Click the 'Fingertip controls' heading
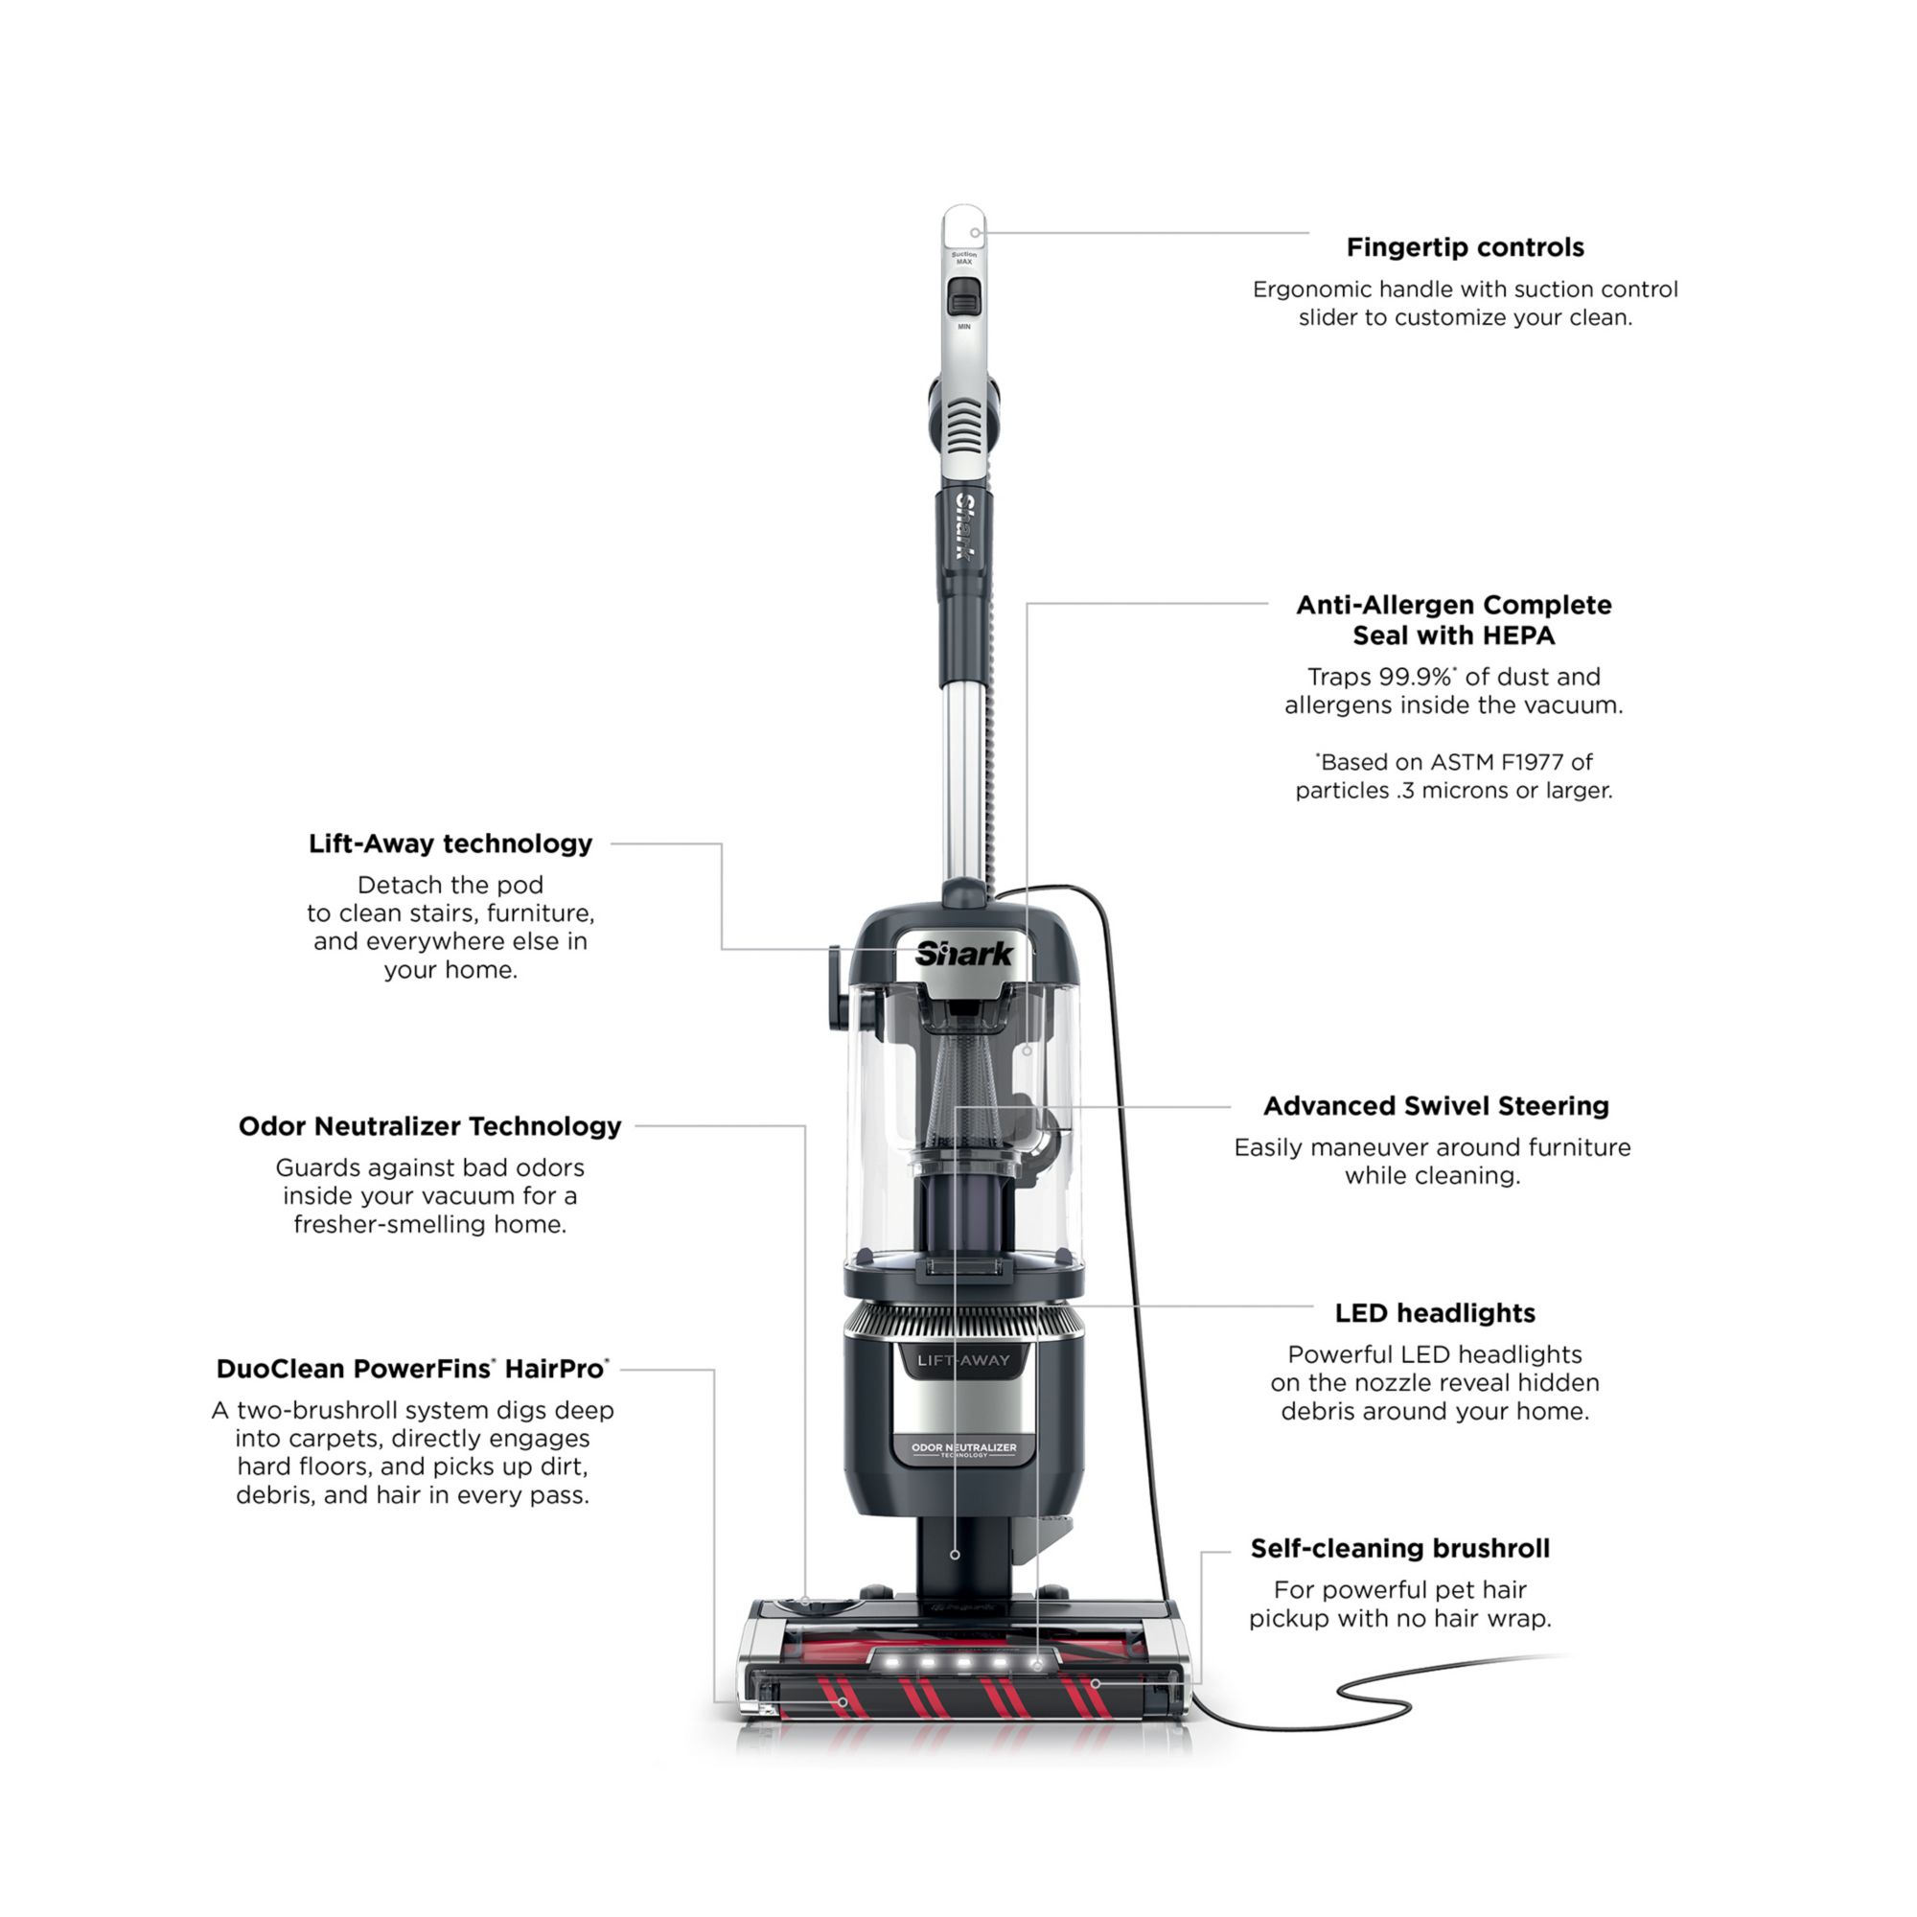1465,248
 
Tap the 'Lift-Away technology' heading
450,844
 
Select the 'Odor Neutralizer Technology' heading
429,1127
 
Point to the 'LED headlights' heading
1435,1314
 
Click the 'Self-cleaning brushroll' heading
1400,1549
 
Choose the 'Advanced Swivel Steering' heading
1436,1106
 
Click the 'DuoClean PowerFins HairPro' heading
413,1371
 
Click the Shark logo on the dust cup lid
964,955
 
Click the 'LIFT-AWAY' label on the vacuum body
963,1360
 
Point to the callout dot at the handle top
976,233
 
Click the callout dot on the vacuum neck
955,1555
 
